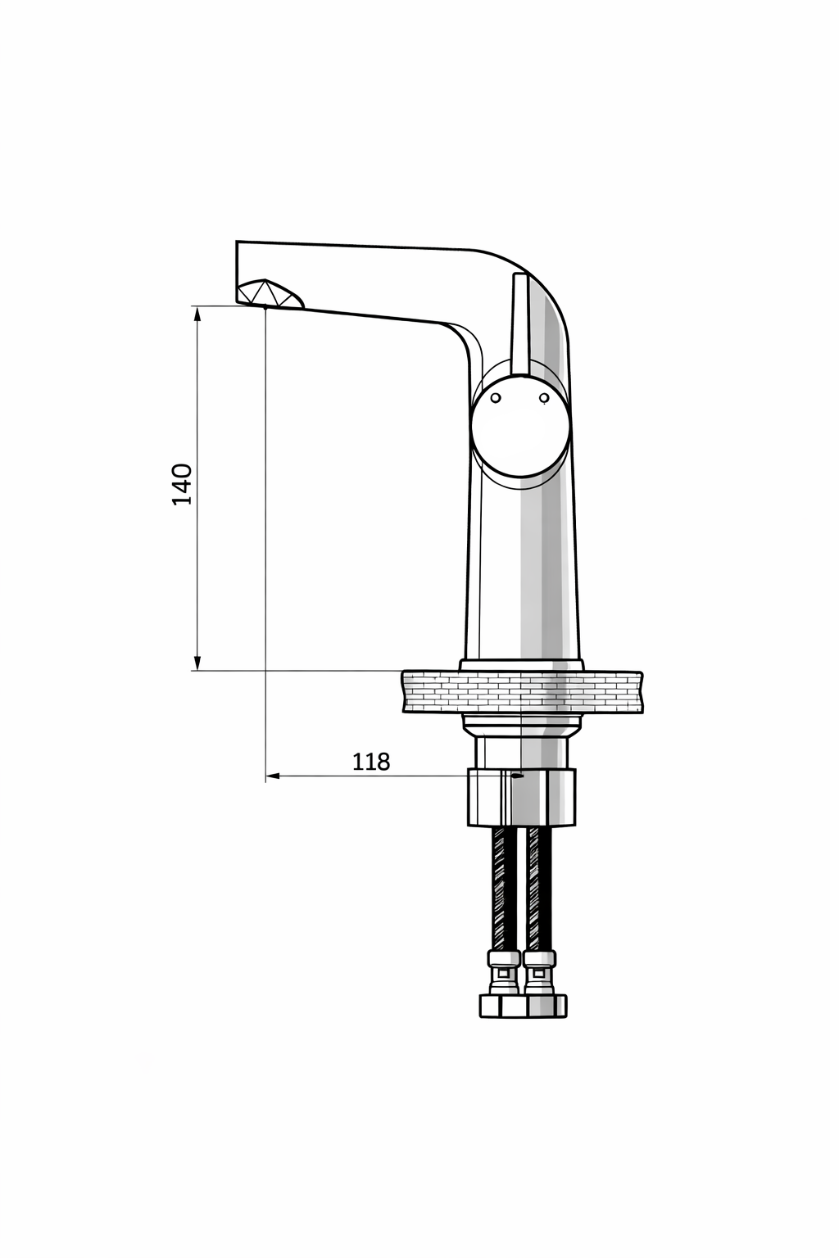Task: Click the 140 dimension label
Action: pyautogui.click(x=182, y=484)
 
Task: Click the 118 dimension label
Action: pyautogui.click(x=371, y=762)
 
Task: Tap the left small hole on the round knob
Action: pyautogui.click(x=496, y=397)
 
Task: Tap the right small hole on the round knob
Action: pyautogui.click(x=543, y=397)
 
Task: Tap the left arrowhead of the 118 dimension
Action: pyautogui.click(x=273, y=776)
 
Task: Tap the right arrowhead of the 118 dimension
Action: pyautogui.click(x=516, y=776)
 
